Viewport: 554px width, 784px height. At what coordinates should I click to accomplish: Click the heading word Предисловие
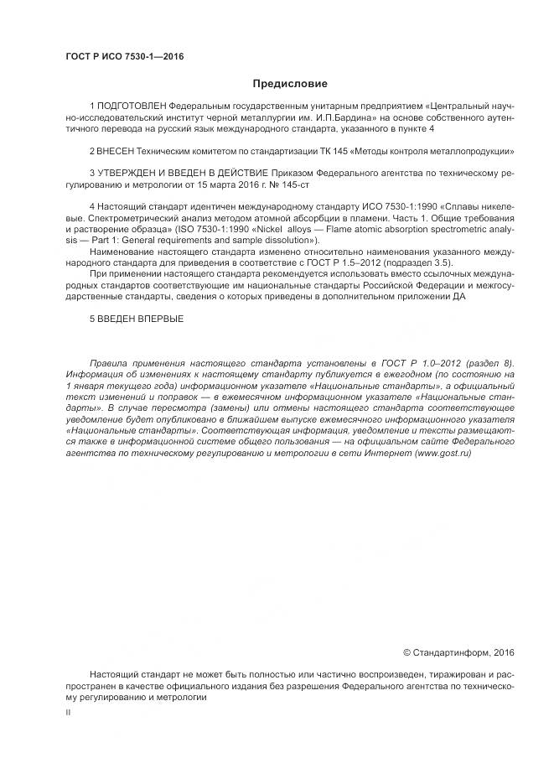[x=290, y=83]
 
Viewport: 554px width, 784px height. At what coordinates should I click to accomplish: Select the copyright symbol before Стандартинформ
[x=406, y=652]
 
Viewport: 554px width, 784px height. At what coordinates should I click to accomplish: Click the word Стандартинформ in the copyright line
[x=449, y=652]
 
